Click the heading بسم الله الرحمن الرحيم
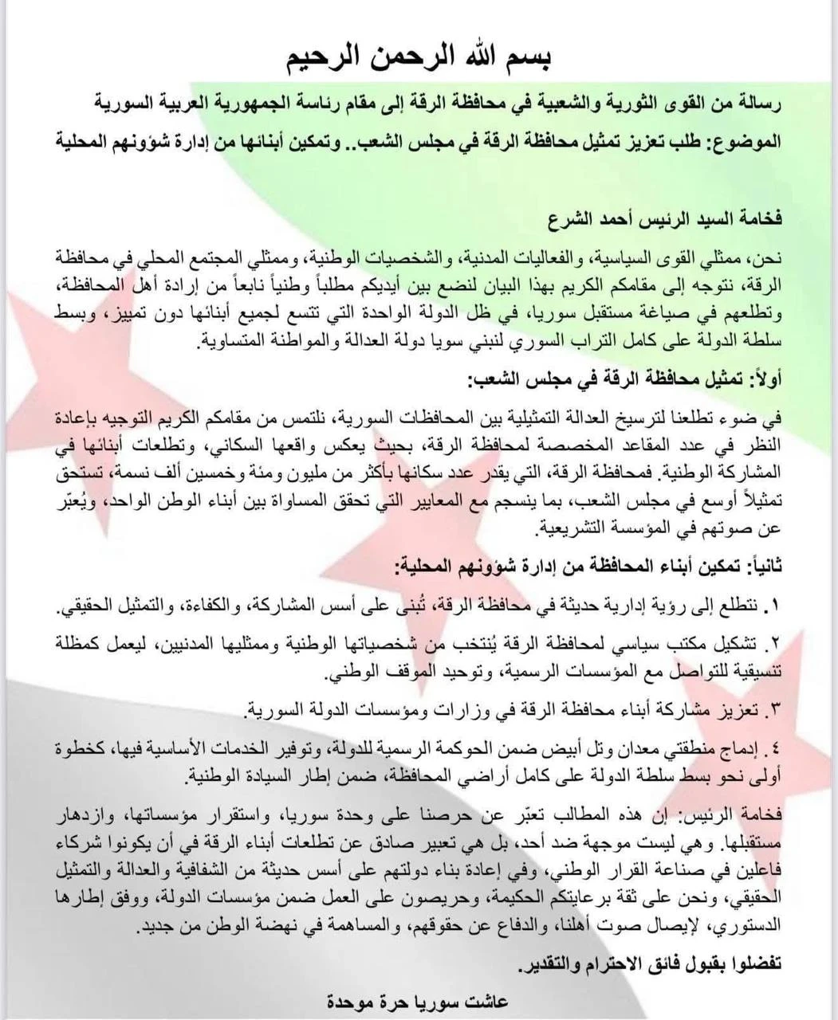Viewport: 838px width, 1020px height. tap(419, 57)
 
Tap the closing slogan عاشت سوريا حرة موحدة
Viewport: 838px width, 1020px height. tap(417, 1001)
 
